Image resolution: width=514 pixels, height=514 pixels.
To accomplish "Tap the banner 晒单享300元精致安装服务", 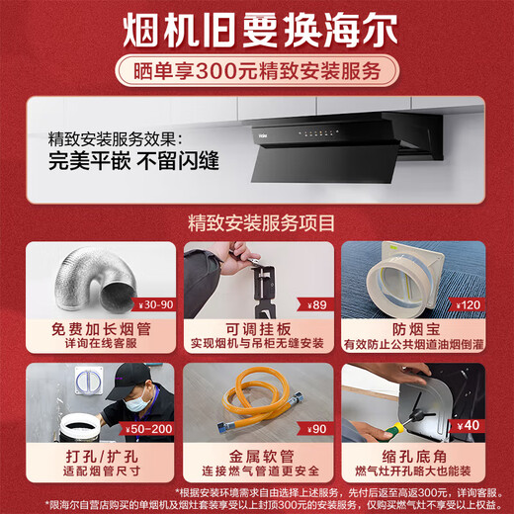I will coord(257,70).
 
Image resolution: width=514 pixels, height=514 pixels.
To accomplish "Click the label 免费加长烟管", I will coord(93,327).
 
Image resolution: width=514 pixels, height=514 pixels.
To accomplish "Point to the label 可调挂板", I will coord(257,327).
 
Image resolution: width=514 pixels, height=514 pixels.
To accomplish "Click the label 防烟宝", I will coord(413,327).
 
